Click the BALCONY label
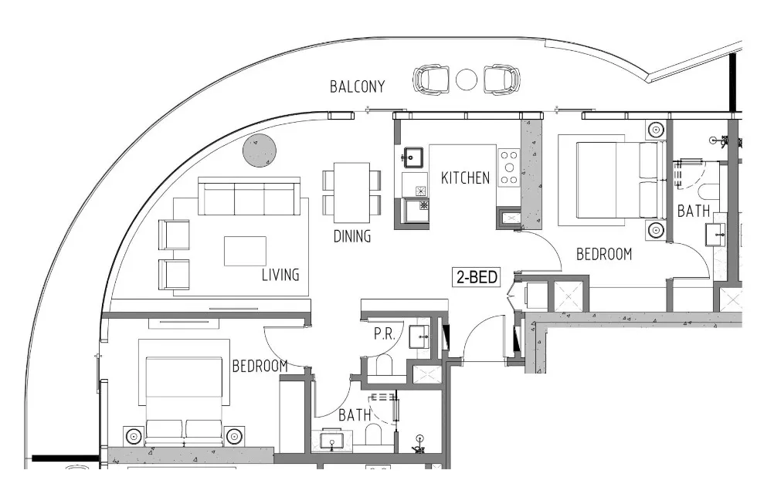click(357, 86)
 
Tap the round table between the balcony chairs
click(467, 79)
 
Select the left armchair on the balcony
click(431, 79)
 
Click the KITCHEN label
click(465, 178)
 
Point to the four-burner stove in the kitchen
click(509, 167)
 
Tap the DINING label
click(352, 236)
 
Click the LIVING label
click(280, 275)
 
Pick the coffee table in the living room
click(245, 251)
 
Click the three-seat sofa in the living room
click(249, 198)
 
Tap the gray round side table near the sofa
click(260, 151)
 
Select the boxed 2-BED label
click(475, 276)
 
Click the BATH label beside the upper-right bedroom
click(694, 211)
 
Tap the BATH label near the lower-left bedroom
click(355, 415)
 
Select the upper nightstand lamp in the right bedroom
click(656, 130)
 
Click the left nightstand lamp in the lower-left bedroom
click(134, 435)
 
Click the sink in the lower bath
click(333, 442)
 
